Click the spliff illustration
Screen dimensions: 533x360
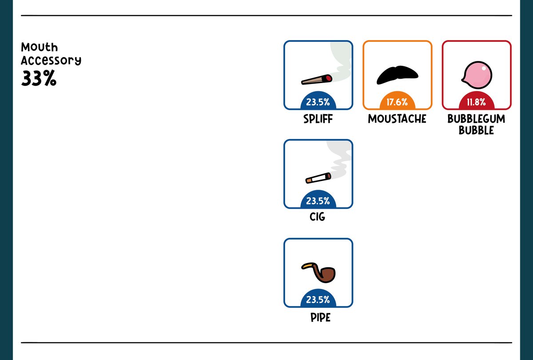pyautogui.click(x=317, y=80)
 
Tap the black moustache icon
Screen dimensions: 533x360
pyautogui.click(x=397, y=75)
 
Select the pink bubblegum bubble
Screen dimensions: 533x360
pyautogui.click(x=477, y=75)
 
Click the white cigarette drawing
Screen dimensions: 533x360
pyautogui.click(x=318, y=178)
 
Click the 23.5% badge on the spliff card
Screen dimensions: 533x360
pyautogui.click(x=318, y=101)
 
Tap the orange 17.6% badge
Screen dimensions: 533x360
pyautogui.click(x=398, y=101)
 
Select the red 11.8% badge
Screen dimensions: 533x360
pyautogui.click(x=477, y=101)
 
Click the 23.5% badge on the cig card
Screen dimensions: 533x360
pyautogui.click(x=318, y=200)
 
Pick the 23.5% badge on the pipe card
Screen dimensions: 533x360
pyautogui.click(x=318, y=298)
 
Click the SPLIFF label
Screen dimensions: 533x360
pyautogui.click(x=318, y=119)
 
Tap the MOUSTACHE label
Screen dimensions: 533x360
pyautogui.click(x=397, y=119)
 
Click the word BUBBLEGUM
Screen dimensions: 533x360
pyautogui.click(x=476, y=119)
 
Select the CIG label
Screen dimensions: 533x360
pyautogui.click(x=317, y=217)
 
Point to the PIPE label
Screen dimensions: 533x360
pyautogui.click(x=321, y=317)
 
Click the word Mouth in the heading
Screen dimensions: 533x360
pyautogui.click(x=40, y=47)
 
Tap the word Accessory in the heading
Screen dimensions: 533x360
pyautogui.click(x=51, y=60)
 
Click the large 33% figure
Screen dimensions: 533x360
pyautogui.click(x=39, y=78)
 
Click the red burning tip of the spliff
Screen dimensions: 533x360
pyautogui.click(x=329, y=78)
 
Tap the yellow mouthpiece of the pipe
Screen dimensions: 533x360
pyautogui.click(x=308, y=265)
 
